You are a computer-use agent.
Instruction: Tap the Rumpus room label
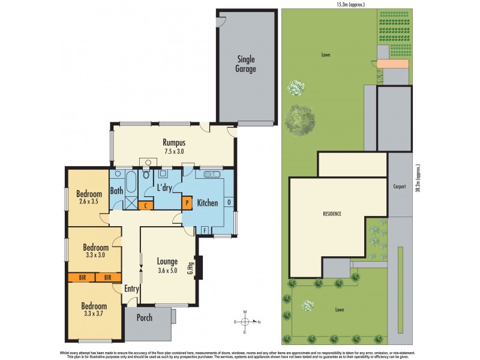pos(173,143)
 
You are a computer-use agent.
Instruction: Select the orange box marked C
pos(145,205)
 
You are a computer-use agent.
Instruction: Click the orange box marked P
pos(187,203)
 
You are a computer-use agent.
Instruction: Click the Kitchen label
pos(208,203)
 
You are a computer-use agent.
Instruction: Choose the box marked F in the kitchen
pos(205,230)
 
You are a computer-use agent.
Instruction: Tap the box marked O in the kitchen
pos(230,203)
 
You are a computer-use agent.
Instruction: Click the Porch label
pos(145,318)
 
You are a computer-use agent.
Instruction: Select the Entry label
pos(131,289)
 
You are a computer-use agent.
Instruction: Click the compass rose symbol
pos(245,322)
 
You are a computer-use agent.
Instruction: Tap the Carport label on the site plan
pos(400,187)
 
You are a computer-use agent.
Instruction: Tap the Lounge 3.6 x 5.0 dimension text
pos(167,270)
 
